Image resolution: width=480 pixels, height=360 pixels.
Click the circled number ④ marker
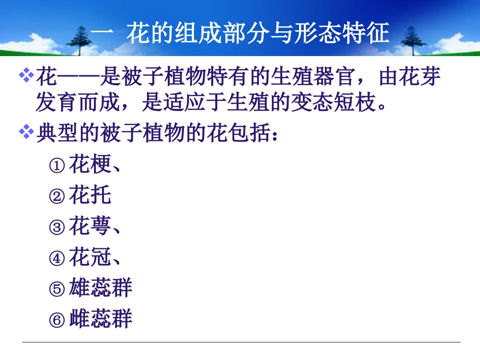coord(57,259)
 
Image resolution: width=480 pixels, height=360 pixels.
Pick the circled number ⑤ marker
coord(57,289)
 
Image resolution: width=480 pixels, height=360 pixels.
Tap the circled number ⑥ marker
coord(57,320)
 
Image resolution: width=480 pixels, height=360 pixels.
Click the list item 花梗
coord(89,165)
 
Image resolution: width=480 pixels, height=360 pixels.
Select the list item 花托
coord(89,195)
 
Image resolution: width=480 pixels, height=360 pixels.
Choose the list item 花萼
coord(89,227)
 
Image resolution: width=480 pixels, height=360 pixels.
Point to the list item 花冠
coord(89,258)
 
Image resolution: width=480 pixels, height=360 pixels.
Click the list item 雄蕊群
coord(100,288)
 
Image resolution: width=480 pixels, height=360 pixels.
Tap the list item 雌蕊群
coord(100,319)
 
